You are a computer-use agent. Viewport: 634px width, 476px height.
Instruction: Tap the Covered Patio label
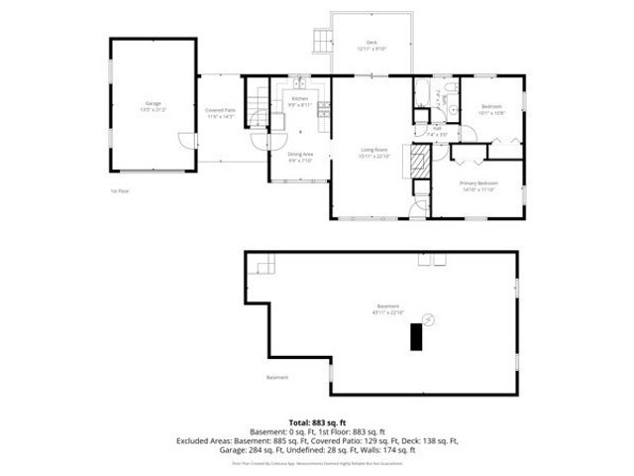(x=220, y=110)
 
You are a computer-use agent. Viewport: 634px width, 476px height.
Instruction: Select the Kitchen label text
(x=300, y=98)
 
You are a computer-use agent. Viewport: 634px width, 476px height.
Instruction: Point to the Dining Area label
(x=300, y=154)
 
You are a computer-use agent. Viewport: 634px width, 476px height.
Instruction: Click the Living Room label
(x=373, y=151)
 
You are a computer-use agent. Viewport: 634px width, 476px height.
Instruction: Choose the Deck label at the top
(x=372, y=42)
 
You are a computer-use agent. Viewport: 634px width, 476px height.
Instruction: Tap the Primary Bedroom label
(x=477, y=182)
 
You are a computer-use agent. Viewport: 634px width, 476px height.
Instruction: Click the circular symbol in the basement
(x=428, y=318)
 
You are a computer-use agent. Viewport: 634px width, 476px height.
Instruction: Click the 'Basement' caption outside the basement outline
(x=277, y=377)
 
